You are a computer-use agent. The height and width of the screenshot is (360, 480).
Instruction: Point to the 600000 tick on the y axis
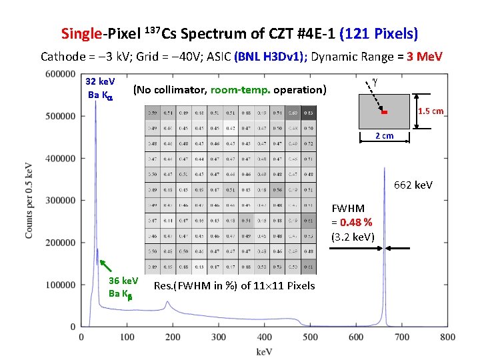[60, 74]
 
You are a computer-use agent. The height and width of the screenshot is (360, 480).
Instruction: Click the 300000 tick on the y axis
[60, 200]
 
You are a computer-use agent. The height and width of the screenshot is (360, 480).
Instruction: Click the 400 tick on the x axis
[264, 337]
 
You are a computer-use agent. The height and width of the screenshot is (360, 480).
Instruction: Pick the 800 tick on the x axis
[448, 337]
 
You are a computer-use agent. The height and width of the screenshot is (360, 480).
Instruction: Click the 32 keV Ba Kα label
[101, 87]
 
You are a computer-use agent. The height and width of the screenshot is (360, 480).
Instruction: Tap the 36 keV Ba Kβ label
[123, 287]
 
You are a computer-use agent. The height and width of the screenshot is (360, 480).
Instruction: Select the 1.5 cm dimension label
[431, 111]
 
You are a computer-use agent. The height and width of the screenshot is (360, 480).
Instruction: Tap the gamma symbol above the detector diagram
[375, 80]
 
